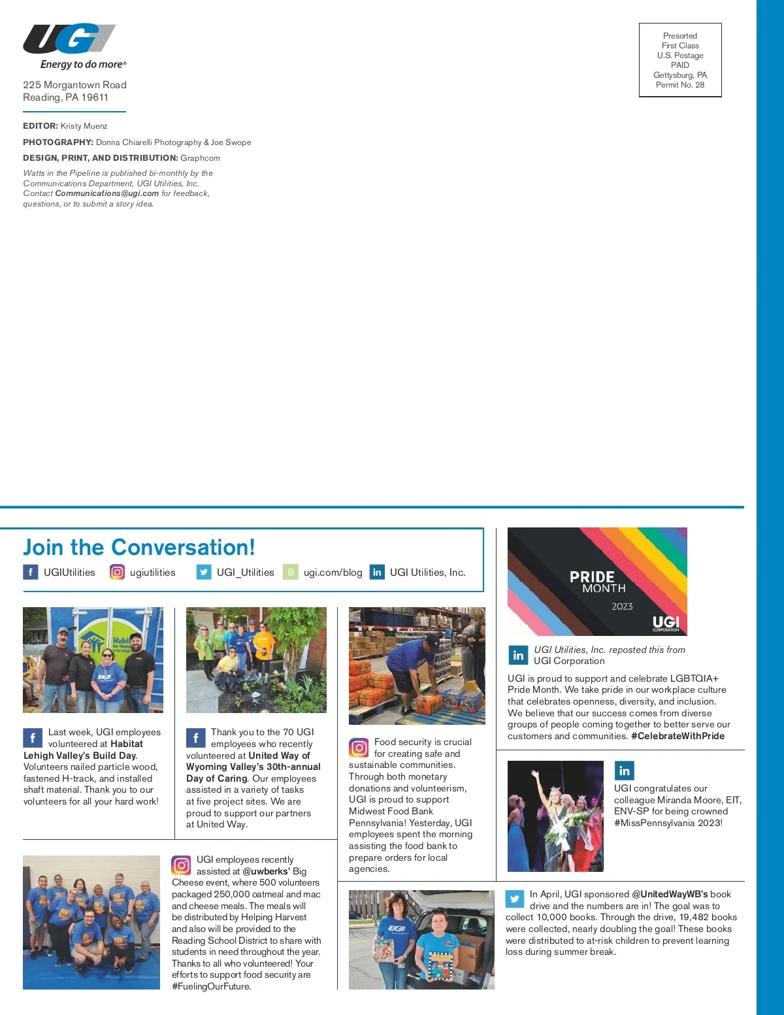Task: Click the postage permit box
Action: coord(680,60)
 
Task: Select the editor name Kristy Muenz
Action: coord(84,126)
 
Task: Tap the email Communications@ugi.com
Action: coord(106,193)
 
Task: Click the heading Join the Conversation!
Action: coord(139,547)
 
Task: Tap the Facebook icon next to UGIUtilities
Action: coord(31,572)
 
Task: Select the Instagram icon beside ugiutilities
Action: coord(117,572)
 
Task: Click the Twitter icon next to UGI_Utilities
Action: coord(204,572)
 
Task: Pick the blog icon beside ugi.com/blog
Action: coord(291,572)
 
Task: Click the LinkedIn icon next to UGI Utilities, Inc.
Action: coord(377,572)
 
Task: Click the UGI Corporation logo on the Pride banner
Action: coord(666,623)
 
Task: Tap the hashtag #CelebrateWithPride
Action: coord(678,736)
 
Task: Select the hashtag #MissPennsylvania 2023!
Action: coord(668,823)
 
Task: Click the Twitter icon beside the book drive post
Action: coord(515,899)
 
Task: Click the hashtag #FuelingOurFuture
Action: coord(211,986)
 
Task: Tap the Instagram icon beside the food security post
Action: coord(359,747)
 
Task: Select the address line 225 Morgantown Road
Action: coord(74,85)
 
